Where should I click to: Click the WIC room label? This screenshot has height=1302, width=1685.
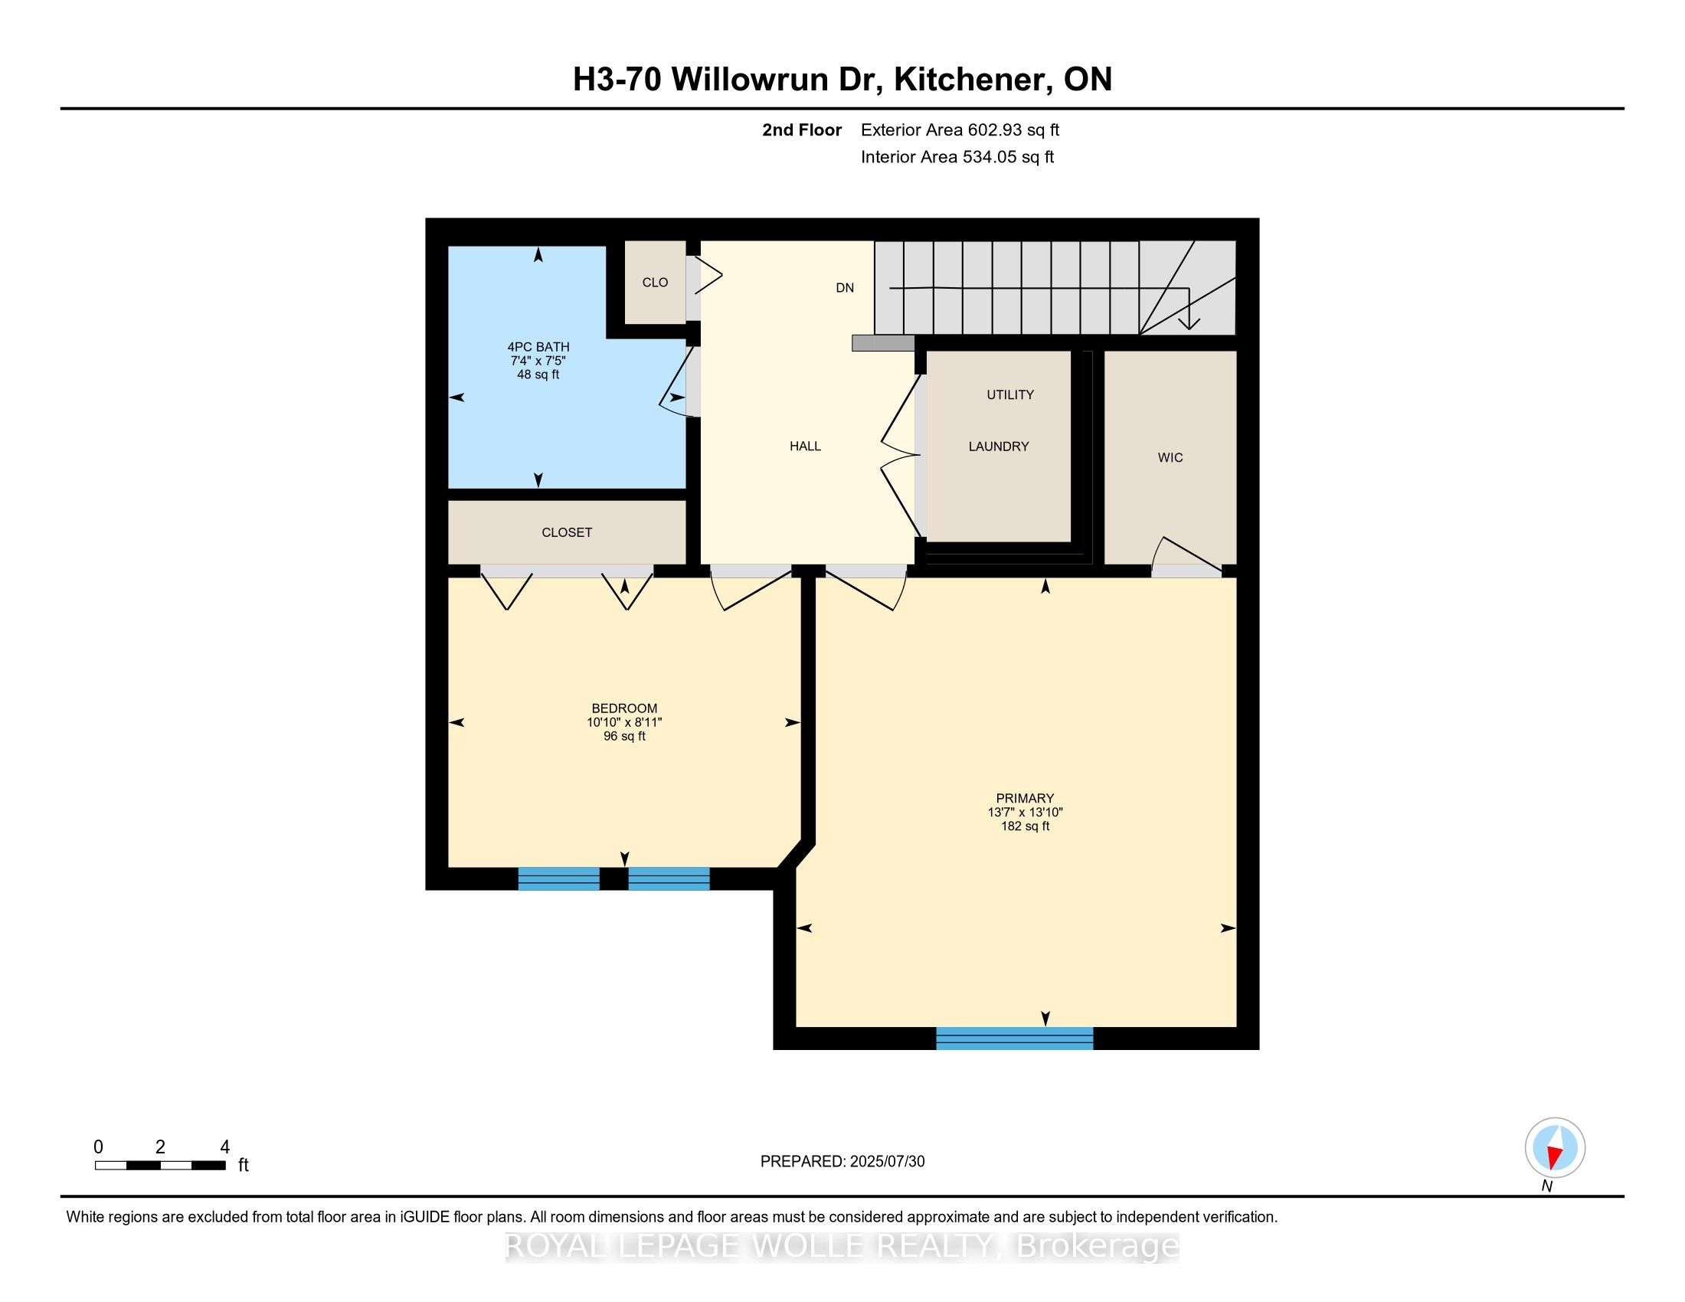(x=1170, y=457)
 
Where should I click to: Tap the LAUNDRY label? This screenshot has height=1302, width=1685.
(x=998, y=447)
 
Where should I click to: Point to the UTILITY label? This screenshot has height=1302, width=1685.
(x=1010, y=395)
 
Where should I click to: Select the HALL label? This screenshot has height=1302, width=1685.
(x=805, y=446)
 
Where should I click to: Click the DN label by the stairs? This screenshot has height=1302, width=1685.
(x=845, y=288)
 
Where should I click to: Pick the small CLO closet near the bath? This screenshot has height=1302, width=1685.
(x=655, y=283)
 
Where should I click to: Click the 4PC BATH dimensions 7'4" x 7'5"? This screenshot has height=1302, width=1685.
(x=538, y=361)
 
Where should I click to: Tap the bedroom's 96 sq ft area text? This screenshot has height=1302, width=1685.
(x=624, y=737)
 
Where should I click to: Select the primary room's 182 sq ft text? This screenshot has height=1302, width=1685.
(x=1025, y=826)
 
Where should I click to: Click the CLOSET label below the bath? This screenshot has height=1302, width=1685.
(x=566, y=532)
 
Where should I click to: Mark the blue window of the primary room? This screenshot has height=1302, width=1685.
(x=1015, y=1039)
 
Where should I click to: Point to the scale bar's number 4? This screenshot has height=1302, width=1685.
(x=224, y=1147)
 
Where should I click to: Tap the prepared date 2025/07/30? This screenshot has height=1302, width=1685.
(x=886, y=1161)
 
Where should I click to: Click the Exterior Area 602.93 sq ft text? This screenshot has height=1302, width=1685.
(x=960, y=129)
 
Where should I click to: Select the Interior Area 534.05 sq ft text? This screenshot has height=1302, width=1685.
(x=957, y=156)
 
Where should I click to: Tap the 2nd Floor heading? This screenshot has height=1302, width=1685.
(x=802, y=129)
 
